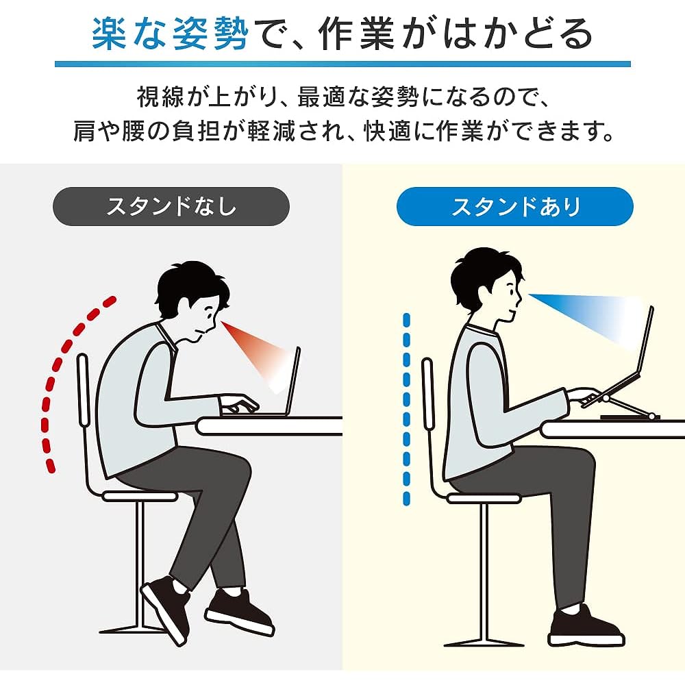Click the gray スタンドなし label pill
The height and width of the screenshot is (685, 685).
(x=171, y=206)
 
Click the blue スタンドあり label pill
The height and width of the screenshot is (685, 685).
(x=514, y=206)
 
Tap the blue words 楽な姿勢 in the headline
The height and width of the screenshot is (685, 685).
(x=170, y=34)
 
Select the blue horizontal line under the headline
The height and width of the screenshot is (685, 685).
(x=342, y=64)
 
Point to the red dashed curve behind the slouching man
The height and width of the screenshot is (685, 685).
(x=53, y=375)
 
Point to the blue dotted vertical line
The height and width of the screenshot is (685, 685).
(x=407, y=409)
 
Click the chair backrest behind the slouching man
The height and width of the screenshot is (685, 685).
(x=83, y=390)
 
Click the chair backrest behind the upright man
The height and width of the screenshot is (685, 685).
(x=428, y=394)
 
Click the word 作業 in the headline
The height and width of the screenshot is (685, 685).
(x=356, y=34)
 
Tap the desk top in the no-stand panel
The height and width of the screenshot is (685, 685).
(x=269, y=426)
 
